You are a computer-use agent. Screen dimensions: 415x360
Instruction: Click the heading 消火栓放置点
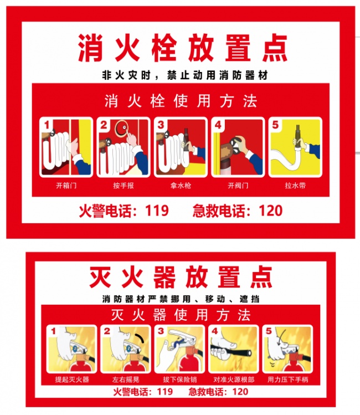pos(182,48)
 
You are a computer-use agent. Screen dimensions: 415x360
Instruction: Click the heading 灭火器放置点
pos(181,277)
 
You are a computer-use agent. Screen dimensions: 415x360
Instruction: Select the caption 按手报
pos(123,185)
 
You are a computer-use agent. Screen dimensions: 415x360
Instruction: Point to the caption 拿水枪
pos(181,185)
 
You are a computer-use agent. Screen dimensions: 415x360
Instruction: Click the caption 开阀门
pos(238,185)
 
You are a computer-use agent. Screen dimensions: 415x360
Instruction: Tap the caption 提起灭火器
pos(72,380)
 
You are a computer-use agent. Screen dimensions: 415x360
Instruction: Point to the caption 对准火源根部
pos(234,380)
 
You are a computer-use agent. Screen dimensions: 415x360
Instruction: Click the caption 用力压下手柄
pos(287,380)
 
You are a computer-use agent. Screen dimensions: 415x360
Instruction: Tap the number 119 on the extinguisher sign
pos(164,392)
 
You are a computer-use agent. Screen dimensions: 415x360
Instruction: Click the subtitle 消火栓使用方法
pos(181,101)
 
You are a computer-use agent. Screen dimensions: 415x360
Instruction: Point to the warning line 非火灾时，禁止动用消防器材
pos(184,75)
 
